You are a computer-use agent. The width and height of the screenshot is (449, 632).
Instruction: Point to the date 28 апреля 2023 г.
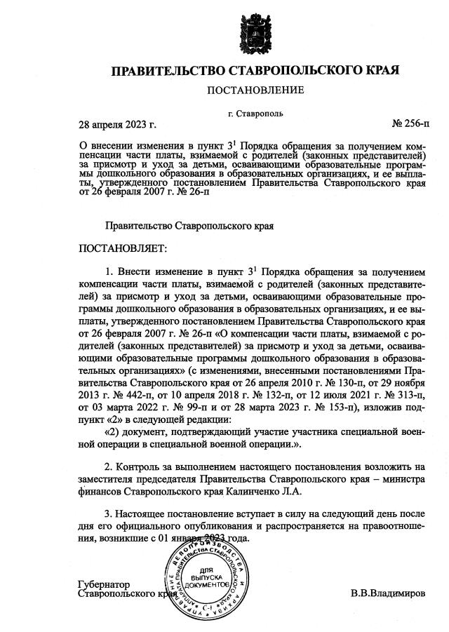click(116, 124)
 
